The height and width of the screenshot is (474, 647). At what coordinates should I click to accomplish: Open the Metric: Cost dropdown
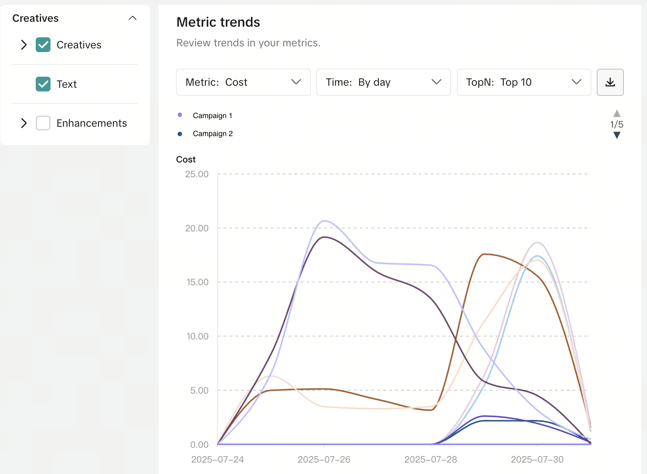(x=243, y=82)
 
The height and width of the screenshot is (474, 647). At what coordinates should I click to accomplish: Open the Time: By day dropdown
(x=383, y=82)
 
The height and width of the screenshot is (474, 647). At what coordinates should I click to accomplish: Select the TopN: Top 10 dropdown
(x=523, y=82)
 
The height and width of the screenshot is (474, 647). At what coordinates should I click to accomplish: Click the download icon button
(x=610, y=82)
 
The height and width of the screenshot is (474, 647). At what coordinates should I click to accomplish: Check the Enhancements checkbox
(x=43, y=123)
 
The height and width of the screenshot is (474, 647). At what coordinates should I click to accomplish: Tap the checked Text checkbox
(x=43, y=84)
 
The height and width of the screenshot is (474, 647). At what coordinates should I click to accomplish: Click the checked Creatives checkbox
(x=43, y=45)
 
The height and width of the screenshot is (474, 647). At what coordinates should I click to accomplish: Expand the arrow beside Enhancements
(x=24, y=123)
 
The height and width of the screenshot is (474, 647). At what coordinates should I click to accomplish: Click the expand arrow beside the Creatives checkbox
(x=24, y=45)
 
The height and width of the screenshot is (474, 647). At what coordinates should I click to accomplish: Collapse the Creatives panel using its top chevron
(x=132, y=18)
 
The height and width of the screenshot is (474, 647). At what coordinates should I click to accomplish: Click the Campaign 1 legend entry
(x=212, y=116)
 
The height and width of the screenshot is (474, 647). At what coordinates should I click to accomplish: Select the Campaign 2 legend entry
(x=213, y=134)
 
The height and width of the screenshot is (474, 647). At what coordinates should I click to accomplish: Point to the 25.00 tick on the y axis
(x=197, y=174)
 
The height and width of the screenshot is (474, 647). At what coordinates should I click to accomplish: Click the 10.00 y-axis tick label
(x=197, y=336)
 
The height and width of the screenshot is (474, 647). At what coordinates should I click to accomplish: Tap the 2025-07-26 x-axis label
(x=324, y=459)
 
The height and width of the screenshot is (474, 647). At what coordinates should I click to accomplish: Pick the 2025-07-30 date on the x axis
(x=537, y=459)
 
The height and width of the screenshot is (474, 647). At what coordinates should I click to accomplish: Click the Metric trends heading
(x=218, y=22)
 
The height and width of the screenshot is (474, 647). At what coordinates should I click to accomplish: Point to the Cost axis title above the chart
(x=186, y=160)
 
